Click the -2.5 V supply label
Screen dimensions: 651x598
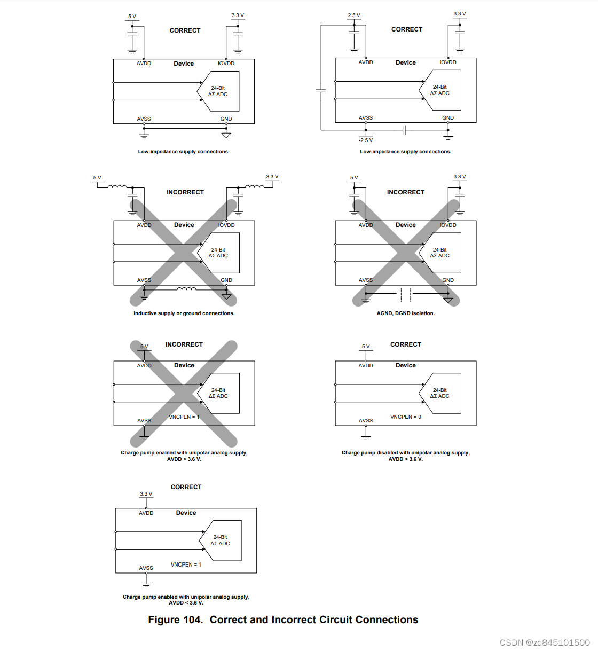tap(366, 140)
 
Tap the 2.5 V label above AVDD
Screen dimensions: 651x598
tap(354, 15)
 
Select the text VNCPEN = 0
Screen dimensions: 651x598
tap(406, 417)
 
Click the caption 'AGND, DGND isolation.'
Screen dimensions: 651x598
tap(406, 313)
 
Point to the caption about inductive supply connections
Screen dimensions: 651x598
tap(184, 313)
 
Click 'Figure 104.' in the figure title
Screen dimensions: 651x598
tap(176, 620)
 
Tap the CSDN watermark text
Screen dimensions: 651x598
tap(545, 642)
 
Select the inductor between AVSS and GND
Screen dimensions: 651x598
tap(186, 289)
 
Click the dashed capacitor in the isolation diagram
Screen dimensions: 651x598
tap(406, 294)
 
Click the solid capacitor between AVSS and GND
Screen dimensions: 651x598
tap(404, 130)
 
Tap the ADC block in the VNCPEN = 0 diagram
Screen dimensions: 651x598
tap(440, 393)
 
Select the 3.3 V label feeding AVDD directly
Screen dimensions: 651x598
tap(146, 494)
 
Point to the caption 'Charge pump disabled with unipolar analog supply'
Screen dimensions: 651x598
tap(406, 453)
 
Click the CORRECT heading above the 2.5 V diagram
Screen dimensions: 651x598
tap(407, 29)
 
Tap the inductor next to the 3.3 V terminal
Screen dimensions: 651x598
tap(255, 187)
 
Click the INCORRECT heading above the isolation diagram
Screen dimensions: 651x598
tap(406, 192)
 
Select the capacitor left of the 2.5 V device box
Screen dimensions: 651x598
tap(321, 91)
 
